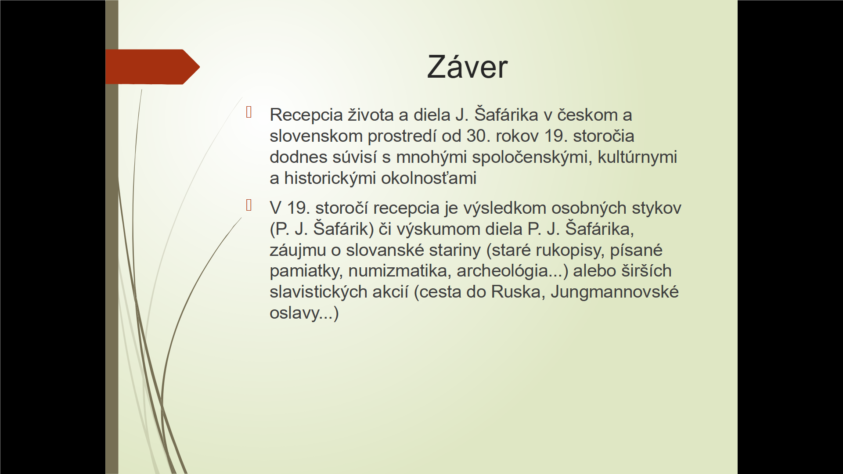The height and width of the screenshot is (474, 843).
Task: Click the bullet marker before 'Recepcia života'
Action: pos(249,112)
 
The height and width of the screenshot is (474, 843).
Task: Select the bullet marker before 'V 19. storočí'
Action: pos(249,205)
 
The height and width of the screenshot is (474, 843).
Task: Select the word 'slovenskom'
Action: pos(316,136)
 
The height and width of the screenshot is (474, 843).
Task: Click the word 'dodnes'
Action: pos(298,157)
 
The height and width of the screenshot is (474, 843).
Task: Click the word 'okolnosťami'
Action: pos(429,178)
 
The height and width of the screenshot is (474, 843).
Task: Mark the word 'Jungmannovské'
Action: pos(615,292)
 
